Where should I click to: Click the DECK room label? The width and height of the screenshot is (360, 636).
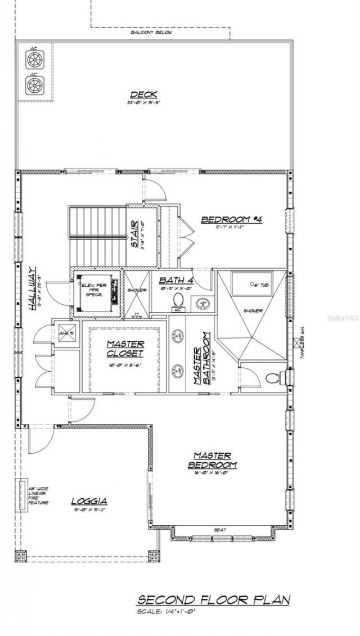tap(143, 95)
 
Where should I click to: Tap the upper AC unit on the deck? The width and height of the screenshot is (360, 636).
tap(34, 60)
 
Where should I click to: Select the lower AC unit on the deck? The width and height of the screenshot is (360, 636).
tap(34, 84)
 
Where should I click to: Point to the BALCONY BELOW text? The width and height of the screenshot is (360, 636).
tap(151, 33)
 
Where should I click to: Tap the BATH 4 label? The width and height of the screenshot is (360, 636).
tap(176, 280)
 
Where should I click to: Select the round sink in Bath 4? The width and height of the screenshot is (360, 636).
tap(202, 304)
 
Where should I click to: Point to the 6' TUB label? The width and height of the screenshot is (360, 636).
tap(259, 285)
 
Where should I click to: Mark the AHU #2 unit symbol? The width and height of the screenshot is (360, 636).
tap(66, 333)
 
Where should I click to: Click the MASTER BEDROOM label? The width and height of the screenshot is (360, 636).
tap(212, 460)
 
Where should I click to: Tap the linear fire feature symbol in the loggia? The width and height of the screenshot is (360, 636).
tap(24, 495)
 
